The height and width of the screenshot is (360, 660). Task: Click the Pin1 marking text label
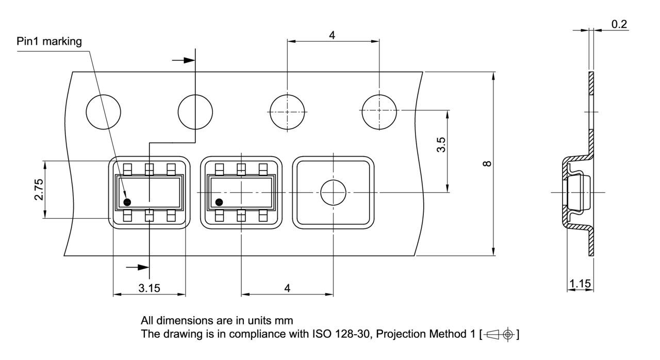[49, 42]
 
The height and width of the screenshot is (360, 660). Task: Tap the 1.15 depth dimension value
[580, 284]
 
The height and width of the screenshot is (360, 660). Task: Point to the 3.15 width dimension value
[148, 288]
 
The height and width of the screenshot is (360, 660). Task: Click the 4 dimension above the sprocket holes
[333, 35]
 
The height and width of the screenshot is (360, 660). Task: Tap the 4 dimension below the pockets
[287, 288]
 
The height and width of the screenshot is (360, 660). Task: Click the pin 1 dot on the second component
[219, 202]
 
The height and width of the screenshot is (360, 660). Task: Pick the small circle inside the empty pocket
[333, 193]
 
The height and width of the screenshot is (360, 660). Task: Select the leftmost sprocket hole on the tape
[103, 111]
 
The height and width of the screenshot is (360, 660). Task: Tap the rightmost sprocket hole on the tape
[379, 111]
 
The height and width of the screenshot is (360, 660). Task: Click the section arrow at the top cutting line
[184, 60]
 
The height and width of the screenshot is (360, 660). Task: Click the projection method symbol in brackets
[500, 335]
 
